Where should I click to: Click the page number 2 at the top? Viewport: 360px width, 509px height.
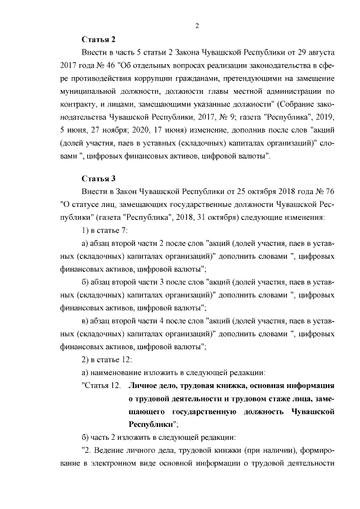(197, 25)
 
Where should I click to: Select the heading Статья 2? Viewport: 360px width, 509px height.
(98, 39)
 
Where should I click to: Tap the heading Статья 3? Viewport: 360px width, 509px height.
(98, 179)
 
